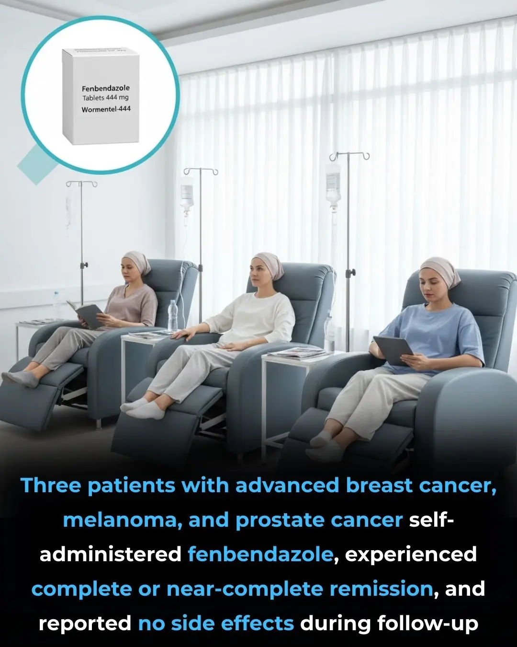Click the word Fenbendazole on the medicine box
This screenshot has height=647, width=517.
coord(105,88)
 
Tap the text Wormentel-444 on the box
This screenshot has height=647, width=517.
coord(106,109)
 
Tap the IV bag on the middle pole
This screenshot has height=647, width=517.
coord(187,194)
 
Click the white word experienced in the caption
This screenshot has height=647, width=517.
coord(411,555)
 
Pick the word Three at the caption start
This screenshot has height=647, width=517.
coord(50,485)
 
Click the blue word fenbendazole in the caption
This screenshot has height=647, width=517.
coord(260,555)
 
